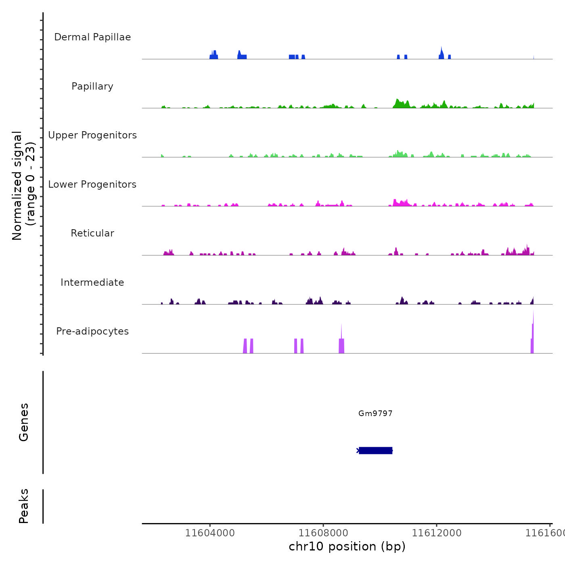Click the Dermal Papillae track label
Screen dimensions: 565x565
click(x=92, y=37)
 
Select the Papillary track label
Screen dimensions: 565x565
click(x=92, y=86)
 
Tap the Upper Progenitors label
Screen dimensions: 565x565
click(x=92, y=135)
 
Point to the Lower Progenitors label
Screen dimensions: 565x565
click(x=92, y=184)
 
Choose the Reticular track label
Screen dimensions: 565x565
click(x=92, y=233)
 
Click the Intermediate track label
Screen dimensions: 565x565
click(x=92, y=282)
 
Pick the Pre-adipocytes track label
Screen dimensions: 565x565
click(x=92, y=331)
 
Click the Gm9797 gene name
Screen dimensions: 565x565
click(x=375, y=413)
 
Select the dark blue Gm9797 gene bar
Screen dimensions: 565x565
click(x=375, y=450)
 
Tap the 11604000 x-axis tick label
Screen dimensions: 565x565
click(x=210, y=533)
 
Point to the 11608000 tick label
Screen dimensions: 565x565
click(x=323, y=533)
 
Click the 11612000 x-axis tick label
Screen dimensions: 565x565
click(x=437, y=533)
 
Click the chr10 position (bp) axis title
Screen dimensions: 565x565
click(x=347, y=546)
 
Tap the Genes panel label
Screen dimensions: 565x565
click(x=23, y=422)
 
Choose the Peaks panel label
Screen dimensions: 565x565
click(x=23, y=506)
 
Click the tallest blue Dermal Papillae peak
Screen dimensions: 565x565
click(x=442, y=52)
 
